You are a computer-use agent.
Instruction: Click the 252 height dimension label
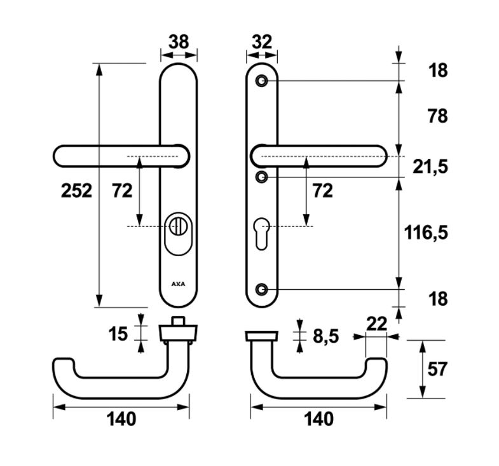coord(76,191)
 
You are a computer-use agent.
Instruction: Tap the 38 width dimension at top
coord(179,42)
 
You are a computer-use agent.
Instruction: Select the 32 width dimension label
coord(262,42)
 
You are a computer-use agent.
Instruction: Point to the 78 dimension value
coord(438,116)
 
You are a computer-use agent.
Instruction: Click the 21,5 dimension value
coord(430,167)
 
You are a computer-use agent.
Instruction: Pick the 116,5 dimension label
coord(426,232)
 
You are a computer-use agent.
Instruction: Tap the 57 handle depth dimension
coord(437,369)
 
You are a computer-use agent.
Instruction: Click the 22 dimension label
coord(376,324)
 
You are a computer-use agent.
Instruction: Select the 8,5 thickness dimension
coord(326,336)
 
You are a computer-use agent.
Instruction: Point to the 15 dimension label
coord(118,334)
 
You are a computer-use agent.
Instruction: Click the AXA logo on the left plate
coord(178,284)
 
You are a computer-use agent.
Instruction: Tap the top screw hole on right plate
coord(262,81)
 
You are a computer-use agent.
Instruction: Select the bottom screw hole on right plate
coord(262,289)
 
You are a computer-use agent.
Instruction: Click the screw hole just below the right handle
coord(262,177)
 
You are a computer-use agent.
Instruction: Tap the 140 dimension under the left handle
coord(121,419)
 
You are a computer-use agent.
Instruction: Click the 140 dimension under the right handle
coord(319,419)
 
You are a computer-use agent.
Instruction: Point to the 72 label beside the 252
coord(122,191)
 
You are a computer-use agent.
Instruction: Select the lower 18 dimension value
coord(438,299)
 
